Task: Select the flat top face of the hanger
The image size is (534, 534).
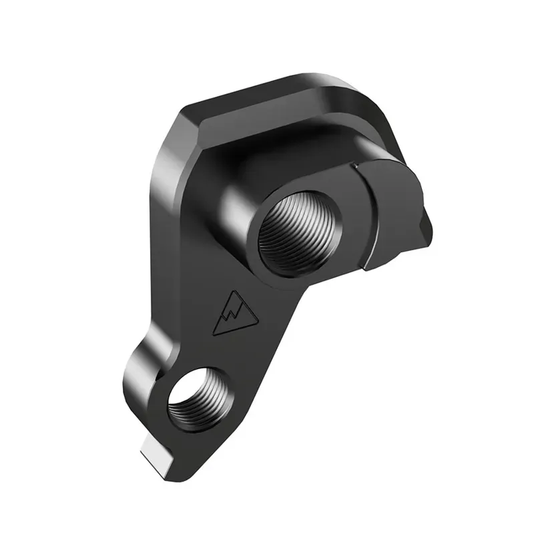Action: [x=280, y=107]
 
